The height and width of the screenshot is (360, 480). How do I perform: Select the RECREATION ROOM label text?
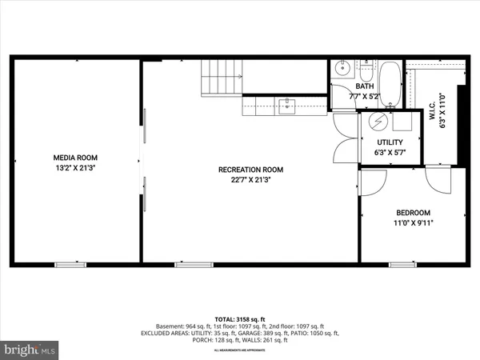251,170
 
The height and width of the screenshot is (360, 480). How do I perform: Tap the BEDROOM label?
413,213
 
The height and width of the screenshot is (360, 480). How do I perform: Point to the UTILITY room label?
389,142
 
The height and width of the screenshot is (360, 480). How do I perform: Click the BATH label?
365,86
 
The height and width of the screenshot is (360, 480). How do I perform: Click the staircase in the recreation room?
221,77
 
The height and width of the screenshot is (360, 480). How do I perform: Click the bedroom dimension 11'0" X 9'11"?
413,224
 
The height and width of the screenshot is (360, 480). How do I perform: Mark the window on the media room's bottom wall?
70,263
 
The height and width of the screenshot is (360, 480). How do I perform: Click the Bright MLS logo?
30,350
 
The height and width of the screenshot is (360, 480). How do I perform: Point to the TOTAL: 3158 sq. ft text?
240,318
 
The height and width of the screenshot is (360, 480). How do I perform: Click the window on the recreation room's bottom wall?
190,263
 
